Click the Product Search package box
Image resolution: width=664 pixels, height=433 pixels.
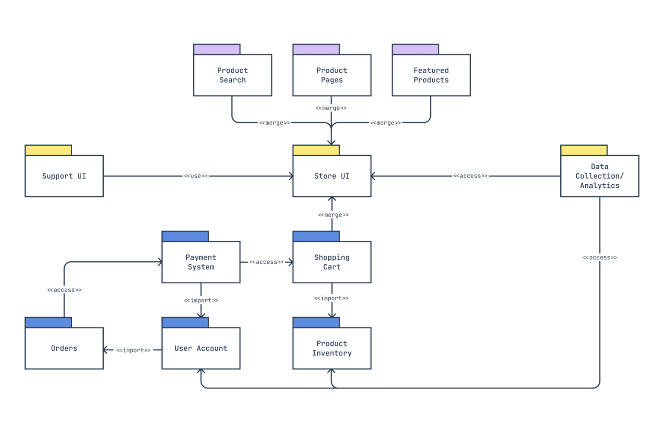click(233, 75)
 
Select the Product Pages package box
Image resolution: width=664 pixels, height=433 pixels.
click(332, 75)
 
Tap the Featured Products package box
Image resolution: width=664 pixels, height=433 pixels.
click(431, 75)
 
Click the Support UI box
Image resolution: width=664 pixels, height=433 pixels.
click(64, 176)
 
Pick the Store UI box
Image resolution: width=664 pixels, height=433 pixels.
click(332, 176)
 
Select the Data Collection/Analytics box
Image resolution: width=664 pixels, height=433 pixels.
click(600, 176)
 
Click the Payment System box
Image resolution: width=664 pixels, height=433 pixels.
click(201, 262)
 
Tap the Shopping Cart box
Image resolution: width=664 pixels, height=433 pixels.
click(332, 262)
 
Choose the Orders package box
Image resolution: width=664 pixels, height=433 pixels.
click(64, 348)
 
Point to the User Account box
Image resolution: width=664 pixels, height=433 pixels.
click(201, 348)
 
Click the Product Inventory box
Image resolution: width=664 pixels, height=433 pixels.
click(332, 348)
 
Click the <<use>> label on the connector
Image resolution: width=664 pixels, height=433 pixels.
click(196, 176)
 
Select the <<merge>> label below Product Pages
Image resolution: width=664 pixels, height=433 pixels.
click(331, 108)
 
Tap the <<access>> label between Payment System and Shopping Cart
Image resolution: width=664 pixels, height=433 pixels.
click(267, 262)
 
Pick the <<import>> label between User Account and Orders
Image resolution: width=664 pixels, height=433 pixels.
click(133, 350)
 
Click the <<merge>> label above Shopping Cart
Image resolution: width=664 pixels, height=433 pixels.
click(333, 215)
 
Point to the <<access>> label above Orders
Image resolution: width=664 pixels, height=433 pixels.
click(64, 290)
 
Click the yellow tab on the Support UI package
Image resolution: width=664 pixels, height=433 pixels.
click(48, 150)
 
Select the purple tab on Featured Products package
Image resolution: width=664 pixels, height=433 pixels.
click(415, 49)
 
